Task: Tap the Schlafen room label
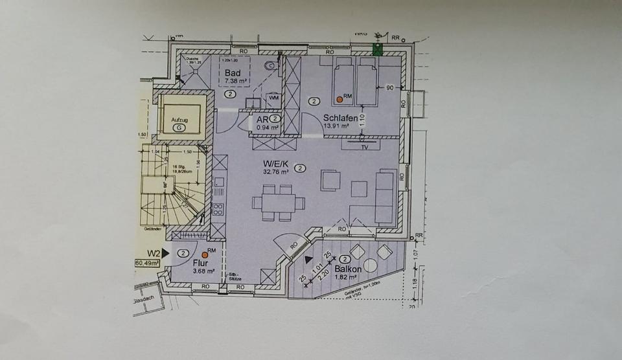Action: click(339, 117)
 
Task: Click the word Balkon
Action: click(345, 268)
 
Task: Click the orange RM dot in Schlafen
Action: click(340, 100)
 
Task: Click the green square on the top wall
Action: click(377, 50)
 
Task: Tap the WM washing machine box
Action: click(273, 98)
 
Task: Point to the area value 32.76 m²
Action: click(274, 172)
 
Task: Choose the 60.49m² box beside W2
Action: click(148, 264)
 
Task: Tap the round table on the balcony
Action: click(371, 265)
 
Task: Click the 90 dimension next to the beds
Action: click(390, 87)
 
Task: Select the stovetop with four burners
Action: click(219, 208)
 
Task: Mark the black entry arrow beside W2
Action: click(165, 253)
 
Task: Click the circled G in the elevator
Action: click(178, 128)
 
